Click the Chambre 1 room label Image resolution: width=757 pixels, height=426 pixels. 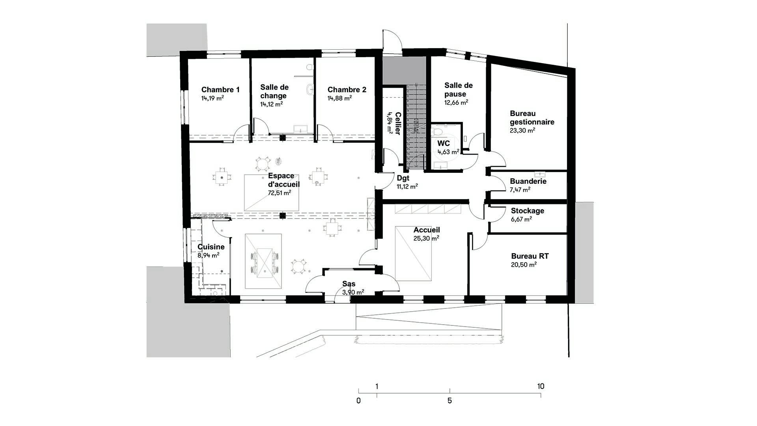tap(220, 90)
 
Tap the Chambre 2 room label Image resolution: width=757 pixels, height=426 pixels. tap(347, 90)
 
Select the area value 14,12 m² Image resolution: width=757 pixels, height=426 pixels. tap(272, 104)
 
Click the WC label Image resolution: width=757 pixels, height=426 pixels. tap(444, 143)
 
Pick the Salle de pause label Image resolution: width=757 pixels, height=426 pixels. tap(459, 90)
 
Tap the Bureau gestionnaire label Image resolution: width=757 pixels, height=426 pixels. tap(532, 118)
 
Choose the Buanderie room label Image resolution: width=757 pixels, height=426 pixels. tap(528, 181)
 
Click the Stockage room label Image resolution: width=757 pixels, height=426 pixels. tap(528, 211)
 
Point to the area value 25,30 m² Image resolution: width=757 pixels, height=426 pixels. tap(426, 238)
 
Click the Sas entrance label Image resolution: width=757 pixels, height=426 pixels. tap(349, 284)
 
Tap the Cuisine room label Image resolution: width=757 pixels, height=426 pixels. tap(211, 247)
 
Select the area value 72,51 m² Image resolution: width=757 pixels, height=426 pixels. tap(280, 193)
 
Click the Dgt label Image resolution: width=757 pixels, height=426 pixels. tap(403, 178)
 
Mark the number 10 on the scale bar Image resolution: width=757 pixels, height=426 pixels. tap(541, 386)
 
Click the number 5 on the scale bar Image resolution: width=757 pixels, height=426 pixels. tap(449, 401)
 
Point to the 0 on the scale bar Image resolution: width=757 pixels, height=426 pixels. tap(358, 401)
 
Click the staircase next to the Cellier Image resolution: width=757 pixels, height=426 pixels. tap(416, 127)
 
